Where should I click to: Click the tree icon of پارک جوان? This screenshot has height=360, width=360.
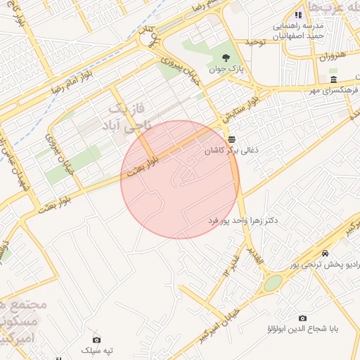click(226, 58)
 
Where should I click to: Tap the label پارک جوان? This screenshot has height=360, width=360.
click(225, 69)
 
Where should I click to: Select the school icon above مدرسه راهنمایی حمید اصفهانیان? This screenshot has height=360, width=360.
click(298, 14)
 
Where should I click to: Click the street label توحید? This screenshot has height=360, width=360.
click(254, 43)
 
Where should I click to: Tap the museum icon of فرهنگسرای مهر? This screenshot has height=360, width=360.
click(333, 79)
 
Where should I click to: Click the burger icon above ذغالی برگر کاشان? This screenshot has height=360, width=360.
click(231, 138)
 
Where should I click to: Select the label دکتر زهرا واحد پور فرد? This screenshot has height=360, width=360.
click(243, 221)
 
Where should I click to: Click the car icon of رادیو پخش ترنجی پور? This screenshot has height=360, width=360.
click(324, 253)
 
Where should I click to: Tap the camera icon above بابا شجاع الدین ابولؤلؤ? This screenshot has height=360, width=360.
click(302, 318)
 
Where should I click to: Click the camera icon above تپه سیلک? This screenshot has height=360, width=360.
click(96, 340)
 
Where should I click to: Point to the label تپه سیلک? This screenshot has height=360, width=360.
click(97, 350)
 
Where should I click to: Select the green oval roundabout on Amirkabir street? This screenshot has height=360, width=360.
click(273, 283)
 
